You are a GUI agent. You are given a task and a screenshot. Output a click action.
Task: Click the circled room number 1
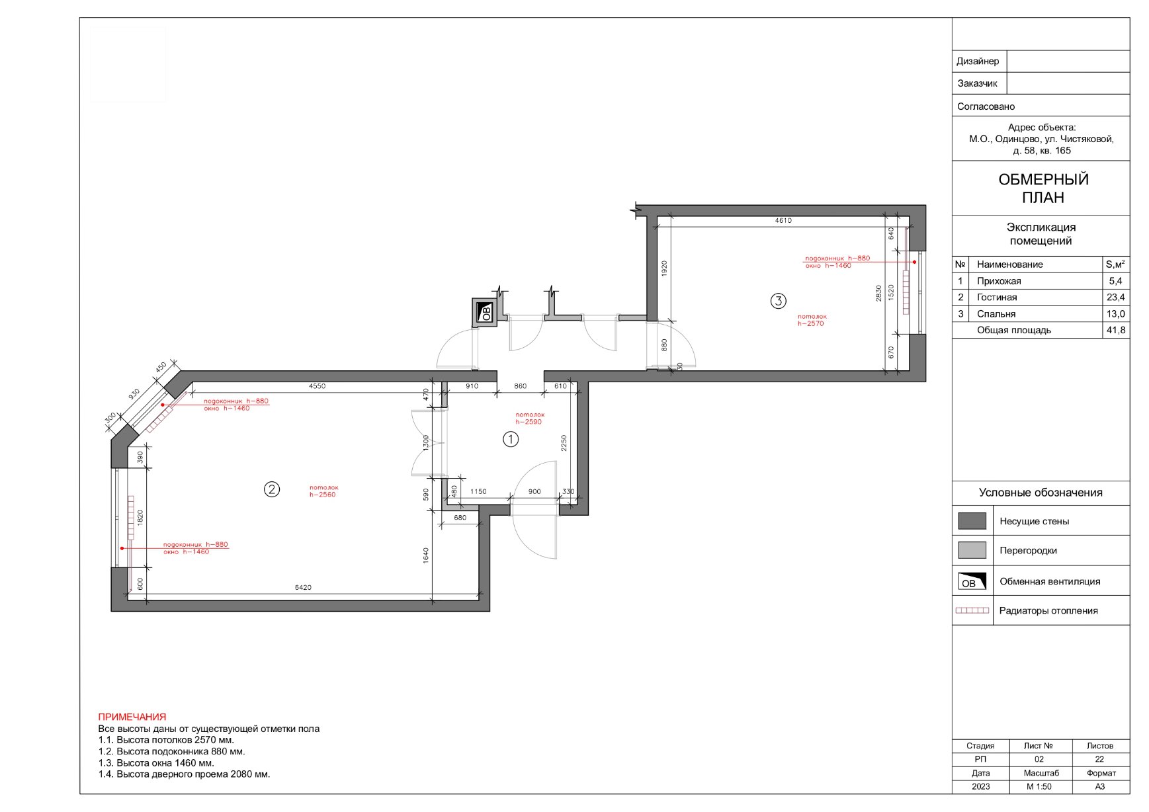pos(511,439)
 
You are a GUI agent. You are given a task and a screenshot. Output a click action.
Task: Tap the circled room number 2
pos(272,489)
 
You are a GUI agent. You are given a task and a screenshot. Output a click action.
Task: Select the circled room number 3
pos(779,302)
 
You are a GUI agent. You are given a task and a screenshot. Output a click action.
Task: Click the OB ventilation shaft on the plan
pos(486,312)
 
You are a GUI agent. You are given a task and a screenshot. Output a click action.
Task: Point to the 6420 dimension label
pos(303,587)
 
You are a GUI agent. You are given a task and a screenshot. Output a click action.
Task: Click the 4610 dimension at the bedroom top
pos(783,221)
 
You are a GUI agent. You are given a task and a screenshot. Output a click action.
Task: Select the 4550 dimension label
pos(317,386)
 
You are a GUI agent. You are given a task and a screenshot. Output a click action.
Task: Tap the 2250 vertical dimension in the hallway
pos(564,443)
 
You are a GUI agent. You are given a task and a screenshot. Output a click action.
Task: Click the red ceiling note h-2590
pos(530,419)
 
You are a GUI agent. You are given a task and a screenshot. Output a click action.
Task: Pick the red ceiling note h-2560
pos(323,491)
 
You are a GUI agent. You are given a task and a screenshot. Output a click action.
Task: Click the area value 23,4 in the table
pos(1116,298)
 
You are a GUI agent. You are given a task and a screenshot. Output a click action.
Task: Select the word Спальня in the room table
pos(996,314)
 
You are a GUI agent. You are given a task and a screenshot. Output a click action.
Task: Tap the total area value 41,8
pos(1116,330)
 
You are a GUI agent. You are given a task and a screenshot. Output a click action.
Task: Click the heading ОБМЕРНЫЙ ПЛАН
pos(1043,188)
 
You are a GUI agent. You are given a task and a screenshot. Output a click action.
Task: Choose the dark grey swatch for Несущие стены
pos(972,521)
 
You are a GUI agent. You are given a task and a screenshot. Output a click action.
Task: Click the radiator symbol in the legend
pos(972,610)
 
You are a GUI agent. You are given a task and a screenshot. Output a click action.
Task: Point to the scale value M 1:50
pos(1039,787)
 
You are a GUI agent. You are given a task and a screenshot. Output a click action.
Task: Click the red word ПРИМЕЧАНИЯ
pos(132,717)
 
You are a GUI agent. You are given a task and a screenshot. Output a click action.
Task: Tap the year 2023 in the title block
pos(981,787)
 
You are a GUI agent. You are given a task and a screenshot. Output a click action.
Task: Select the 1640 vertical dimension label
pos(426,555)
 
